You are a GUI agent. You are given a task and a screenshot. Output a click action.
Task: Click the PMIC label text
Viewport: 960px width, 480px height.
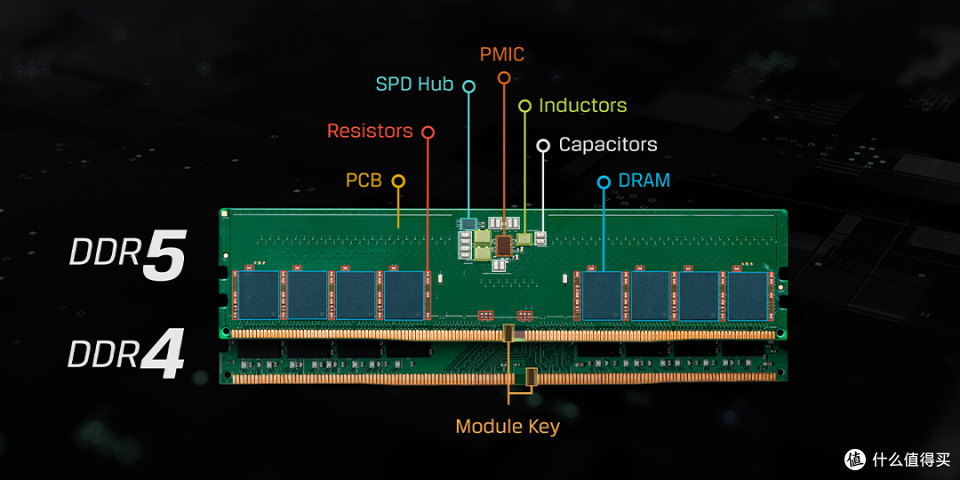[502, 54]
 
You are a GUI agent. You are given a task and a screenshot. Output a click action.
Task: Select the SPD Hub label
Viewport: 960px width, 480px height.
[414, 84]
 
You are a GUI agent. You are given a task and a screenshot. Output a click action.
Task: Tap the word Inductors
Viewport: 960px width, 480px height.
[583, 105]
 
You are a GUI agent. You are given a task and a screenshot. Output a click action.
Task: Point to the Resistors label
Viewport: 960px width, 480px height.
[370, 131]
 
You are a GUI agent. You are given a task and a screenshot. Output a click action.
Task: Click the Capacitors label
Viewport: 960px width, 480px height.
[608, 145]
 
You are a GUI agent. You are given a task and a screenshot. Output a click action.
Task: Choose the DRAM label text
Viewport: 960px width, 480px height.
[644, 180]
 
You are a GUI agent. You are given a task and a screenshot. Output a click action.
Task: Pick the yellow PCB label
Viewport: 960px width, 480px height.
[364, 180]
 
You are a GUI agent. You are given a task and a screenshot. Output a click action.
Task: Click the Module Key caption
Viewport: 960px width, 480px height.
[508, 426]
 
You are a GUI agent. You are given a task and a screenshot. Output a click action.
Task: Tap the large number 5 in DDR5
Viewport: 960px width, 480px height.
[164, 254]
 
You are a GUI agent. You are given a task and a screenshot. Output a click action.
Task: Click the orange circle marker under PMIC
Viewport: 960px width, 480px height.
[504, 77]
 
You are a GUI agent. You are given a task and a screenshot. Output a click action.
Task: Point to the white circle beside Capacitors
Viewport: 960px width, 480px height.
[543, 146]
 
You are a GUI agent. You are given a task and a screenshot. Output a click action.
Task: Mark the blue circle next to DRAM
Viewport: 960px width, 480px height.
[604, 182]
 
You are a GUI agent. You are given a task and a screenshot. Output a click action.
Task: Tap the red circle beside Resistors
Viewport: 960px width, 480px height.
[428, 132]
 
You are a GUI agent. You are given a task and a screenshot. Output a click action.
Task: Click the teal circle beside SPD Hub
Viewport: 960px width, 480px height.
[469, 86]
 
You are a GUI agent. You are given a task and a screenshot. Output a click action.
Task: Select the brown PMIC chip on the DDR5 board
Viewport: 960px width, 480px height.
[504, 245]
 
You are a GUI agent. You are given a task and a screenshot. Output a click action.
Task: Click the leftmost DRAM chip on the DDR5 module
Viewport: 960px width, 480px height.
[259, 295]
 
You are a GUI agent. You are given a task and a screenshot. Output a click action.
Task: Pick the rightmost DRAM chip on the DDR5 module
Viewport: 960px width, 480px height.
[747, 296]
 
